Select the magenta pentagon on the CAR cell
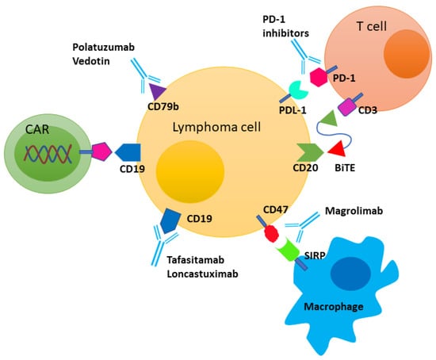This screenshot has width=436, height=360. [101, 150]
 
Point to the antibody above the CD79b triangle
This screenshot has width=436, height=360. [142, 76]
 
